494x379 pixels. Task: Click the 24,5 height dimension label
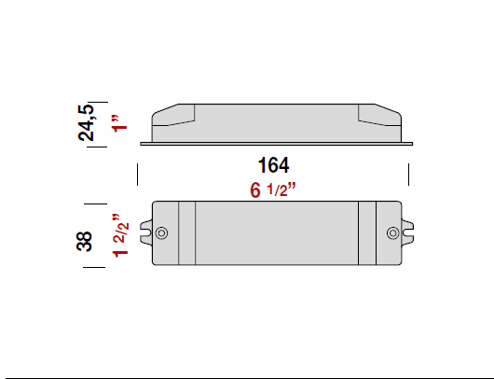click(87, 121)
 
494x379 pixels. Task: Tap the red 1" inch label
click(117, 125)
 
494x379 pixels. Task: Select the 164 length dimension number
click(273, 166)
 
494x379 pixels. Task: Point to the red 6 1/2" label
click(273, 190)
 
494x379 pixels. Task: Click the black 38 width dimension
click(86, 241)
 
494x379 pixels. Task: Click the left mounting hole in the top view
click(161, 232)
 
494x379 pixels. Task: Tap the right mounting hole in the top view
click(391, 232)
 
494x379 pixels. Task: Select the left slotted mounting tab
click(145, 232)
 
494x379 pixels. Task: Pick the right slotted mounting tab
click(408, 232)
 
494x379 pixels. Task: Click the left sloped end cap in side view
click(173, 116)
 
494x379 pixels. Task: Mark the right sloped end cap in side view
click(379, 116)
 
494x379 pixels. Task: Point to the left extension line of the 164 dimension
click(138, 175)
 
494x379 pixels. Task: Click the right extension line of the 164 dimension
click(409, 175)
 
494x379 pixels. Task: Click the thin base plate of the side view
click(275, 144)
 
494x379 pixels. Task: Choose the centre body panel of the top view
click(276, 232)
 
